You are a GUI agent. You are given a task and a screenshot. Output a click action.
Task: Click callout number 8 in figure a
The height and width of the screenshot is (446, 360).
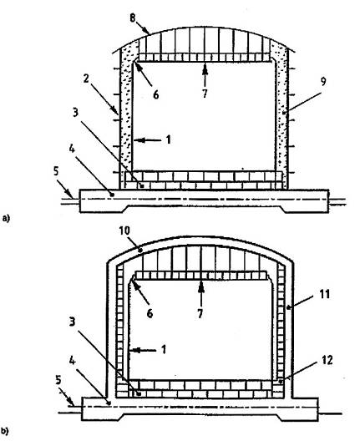pyautogui.click(x=133, y=18)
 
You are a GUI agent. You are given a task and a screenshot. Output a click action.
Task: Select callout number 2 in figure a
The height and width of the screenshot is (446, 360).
pyautogui.click(x=86, y=79)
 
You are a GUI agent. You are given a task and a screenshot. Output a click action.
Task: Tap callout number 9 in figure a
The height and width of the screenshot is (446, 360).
pyautogui.click(x=323, y=82)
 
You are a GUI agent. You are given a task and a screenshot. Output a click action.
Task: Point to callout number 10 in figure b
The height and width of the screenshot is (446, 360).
pyautogui.click(x=124, y=231)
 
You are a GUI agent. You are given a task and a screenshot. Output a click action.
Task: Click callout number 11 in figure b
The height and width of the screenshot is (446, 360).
pyautogui.click(x=325, y=294)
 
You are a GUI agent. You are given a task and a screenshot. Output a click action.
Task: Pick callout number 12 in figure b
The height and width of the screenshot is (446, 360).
pyautogui.click(x=327, y=360)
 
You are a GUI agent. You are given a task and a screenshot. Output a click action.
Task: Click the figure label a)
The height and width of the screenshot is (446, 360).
pyautogui.click(x=6, y=218)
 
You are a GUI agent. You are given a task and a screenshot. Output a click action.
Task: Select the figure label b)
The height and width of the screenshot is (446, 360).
pyautogui.click(x=4, y=431)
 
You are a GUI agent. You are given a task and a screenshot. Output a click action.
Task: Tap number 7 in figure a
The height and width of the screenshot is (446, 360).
pyautogui.click(x=205, y=94)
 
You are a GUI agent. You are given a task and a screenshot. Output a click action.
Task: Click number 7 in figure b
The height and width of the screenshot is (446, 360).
pyautogui.click(x=200, y=313)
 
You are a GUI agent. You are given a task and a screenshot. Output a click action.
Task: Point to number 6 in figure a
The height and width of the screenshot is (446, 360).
pyautogui.click(x=156, y=94)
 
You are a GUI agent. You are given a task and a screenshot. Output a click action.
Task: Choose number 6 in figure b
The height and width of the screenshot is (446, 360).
pyautogui.click(x=150, y=313)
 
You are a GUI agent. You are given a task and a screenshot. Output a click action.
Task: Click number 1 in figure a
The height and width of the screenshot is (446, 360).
pyautogui.click(x=169, y=139)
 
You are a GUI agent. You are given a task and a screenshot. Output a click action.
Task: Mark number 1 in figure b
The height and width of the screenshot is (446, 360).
pyautogui.click(x=164, y=349)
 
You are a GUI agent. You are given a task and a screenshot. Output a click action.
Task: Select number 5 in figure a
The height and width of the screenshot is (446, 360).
pyautogui.click(x=56, y=171)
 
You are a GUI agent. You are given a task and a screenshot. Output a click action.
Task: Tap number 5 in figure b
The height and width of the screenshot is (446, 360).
pyautogui.click(x=58, y=380)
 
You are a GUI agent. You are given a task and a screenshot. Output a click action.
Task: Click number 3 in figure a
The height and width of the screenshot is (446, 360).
pyautogui.click(x=75, y=113)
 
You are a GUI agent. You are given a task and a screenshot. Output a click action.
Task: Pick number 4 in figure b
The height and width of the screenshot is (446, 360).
pyautogui.click(x=72, y=361)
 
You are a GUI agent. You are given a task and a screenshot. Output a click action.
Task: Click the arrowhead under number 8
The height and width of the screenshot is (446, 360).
pyautogui.click(x=147, y=31)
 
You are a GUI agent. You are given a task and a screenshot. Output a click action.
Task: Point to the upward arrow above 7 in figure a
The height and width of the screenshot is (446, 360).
pyautogui.click(x=205, y=75)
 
